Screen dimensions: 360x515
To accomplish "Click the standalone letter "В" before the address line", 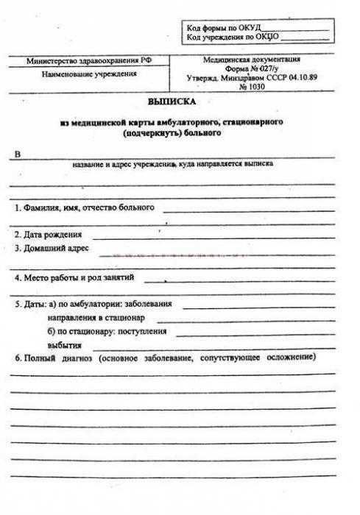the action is pos(18,154).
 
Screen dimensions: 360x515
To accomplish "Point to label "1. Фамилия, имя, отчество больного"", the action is pos(85,207).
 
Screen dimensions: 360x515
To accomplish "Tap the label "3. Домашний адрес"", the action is pos(52,249).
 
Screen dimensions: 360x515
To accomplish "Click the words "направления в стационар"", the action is pos(96,318).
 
